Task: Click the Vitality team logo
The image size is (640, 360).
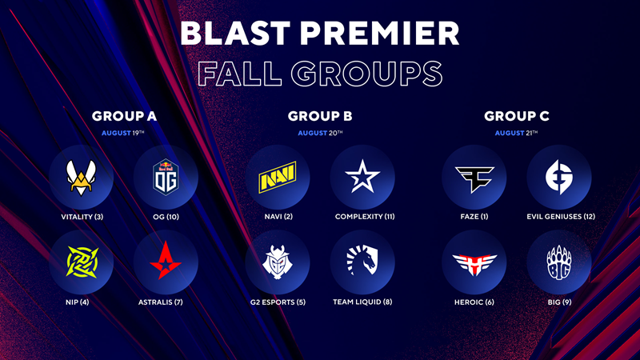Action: tap(82, 178)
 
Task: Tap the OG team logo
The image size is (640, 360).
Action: tap(166, 177)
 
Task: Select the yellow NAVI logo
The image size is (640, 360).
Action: tap(278, 177)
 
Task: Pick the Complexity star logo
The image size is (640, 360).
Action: tap(362, 176)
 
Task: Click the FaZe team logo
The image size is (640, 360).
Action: tap(474, 178)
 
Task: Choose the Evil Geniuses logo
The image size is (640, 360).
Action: tap(559, 177)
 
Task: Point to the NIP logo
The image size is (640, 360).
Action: tap(82, 262)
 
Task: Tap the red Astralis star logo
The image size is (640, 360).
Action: tap(166, 261)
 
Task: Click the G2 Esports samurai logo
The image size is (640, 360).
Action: tap(278, 262)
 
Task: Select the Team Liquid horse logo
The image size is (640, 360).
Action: tap(362, 259)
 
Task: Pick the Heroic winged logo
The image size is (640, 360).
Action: tap(474, 264)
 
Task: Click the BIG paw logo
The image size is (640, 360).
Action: tap(559, 262)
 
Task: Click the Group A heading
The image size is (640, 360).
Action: tap(124, 116)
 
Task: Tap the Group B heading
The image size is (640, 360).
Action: tap(320, 116)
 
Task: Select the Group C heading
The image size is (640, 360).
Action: tap(517, 116)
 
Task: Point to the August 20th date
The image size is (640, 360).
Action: tap(321, 133)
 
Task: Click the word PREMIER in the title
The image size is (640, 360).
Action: tap(379, 34)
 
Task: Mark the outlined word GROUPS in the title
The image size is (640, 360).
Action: tap(366, 74)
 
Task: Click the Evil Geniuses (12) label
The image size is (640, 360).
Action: tap(561, 217)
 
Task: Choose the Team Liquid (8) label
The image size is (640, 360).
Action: tap(362, 302)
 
